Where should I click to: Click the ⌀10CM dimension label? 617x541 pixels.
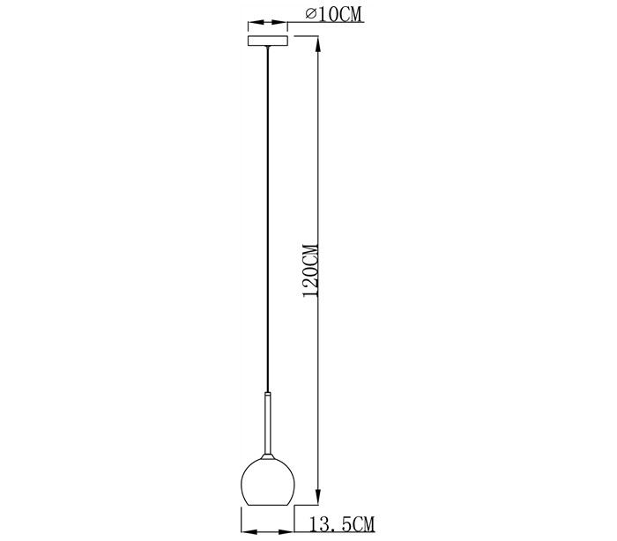tap(333, 15)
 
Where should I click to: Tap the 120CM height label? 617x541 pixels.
tap(310, 270)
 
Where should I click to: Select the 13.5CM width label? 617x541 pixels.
tap(342, 523)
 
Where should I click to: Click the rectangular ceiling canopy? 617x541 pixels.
tap(268, 41)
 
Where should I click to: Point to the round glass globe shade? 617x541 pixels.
tap(268, 481)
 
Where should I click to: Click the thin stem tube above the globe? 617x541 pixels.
tap(268, 425)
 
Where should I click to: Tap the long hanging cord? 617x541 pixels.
tap(268, 220)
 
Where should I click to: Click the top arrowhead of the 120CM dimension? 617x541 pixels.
tap(318, 43)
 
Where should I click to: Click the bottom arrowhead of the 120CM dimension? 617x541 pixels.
tap(318, 497)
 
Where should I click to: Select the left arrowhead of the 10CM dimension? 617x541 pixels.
tap(254, 24)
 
